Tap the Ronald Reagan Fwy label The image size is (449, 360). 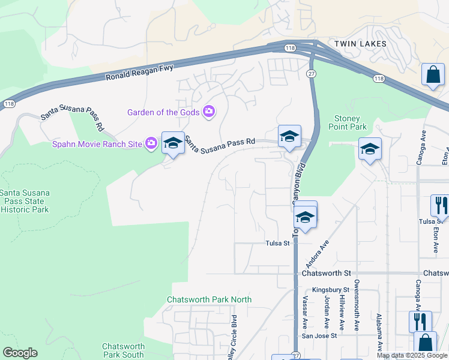click(x=139, y=73)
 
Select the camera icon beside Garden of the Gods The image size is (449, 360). click(x=209, y=112)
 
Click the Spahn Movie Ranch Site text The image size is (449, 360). click(x=97, y=144)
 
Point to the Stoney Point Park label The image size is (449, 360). click(x=350, y=122)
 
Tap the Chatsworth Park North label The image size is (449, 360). click(x=209, y=299)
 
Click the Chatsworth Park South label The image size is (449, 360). click(x=123, y=350)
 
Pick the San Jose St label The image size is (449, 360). click(x=319, y=336)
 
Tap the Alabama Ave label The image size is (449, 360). click(x=379, y=331)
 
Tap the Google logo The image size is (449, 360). click(x=20, y=353)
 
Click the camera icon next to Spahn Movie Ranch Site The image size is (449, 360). click(x=151, y=143)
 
